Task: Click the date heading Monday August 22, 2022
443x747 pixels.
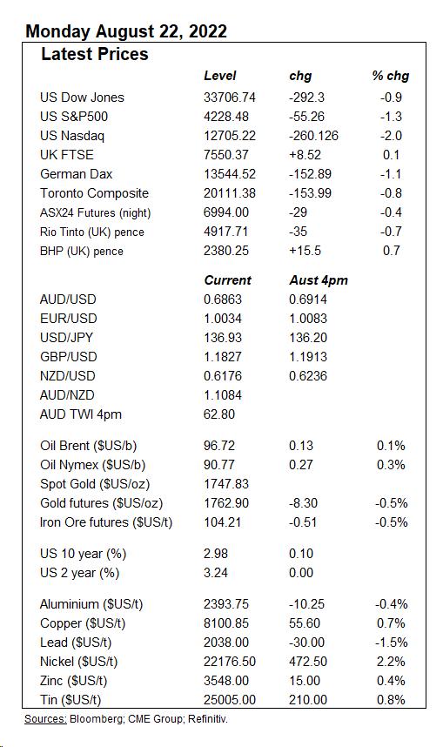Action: [x=126, y=32]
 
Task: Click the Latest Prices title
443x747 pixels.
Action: [x=95, y=55]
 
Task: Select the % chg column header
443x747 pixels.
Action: [x=390, y=77]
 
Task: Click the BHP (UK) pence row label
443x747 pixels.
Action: [x=82, y=251]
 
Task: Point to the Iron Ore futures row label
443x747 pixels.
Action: [x=106, y=522]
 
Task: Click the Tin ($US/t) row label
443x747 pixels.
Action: [x=70, y=700]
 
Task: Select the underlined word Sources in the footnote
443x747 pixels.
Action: [x=45, y=719]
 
